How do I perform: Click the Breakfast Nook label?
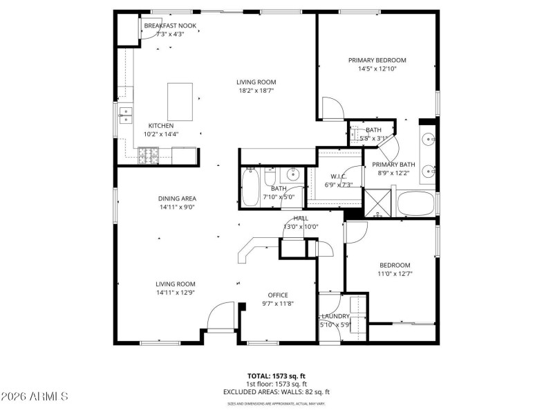pyautogui.click(x=170, y=26)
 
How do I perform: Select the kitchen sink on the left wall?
pyautogui.click(x=125, y=115)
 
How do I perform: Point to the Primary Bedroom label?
pyautogui.click(x=377, y=60)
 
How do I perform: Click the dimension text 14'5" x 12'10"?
pyautogui.click(x=377, y=69)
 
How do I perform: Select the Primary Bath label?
pyautogui.click(x=392, y=165)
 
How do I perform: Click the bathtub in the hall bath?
pyautogui.click(x=250, y=187)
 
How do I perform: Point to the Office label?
pyautogui.click(x=278, y=295)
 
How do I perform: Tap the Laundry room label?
pyautogui.click(x=335, y=316)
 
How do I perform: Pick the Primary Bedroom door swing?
pyautogui.click(x=332, y=109)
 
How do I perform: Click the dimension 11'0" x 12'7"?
pyautogui.click(x=395, y=275)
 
